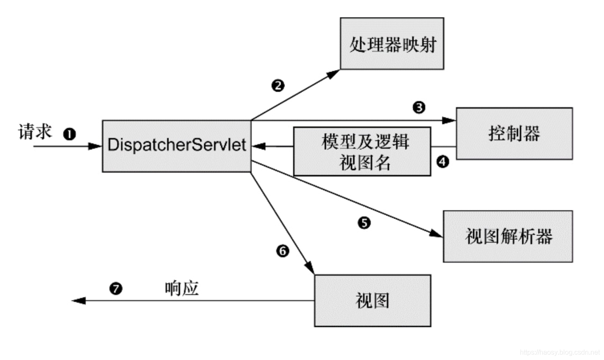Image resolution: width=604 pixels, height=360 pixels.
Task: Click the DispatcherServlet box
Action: (x=176, y=146)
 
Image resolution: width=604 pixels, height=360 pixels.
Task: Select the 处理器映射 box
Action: (x=392, y=43)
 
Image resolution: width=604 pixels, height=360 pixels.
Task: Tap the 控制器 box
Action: (x=514, y=133)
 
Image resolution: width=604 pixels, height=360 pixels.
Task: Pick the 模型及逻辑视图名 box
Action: (x=362, y=151)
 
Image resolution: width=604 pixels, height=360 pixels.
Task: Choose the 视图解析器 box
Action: (x=508, y=236)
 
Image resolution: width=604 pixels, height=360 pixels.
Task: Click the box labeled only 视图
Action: (x=372, y=301)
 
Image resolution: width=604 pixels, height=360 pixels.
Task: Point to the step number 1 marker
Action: (x=69, y=134)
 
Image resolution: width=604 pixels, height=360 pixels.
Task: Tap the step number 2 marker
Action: (x=277, y=85)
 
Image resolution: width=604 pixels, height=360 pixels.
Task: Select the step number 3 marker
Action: (x=418, y=107)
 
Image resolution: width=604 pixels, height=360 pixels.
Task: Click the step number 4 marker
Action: (x=443, y=162)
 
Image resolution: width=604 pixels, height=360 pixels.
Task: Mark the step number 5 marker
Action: (x=364, y=222)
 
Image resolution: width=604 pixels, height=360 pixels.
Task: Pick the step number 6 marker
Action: (x=282, y=251)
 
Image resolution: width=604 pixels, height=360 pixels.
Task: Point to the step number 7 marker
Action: (x=116, y=289)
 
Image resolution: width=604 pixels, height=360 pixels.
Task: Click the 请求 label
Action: (x=35, y=132)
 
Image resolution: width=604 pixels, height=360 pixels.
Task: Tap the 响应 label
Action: (x=182, y=289)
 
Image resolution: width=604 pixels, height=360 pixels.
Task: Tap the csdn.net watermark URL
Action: (x=559, y=352)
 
